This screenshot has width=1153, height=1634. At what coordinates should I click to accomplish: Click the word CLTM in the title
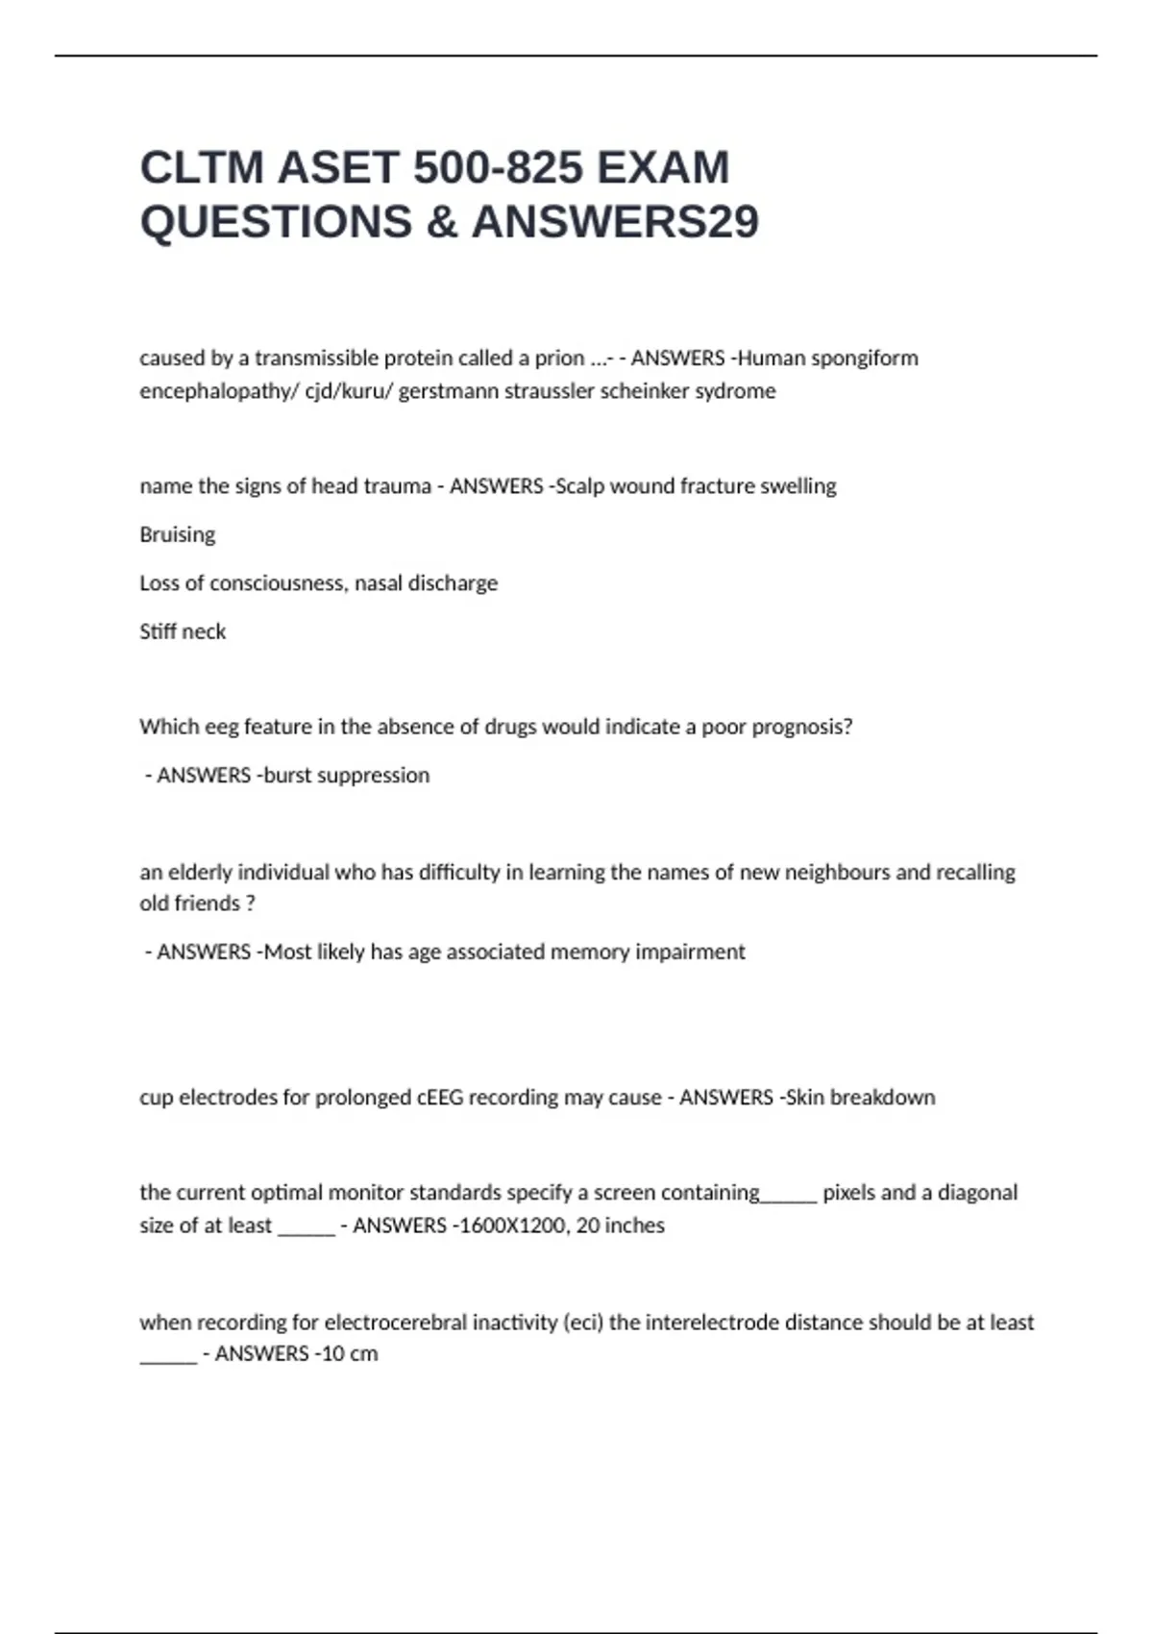(201, 167)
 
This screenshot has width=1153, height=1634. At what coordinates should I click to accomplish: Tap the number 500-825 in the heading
(498, 167)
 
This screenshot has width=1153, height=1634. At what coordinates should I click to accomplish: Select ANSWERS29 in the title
(615, 222)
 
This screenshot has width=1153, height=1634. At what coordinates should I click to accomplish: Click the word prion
(559, 359)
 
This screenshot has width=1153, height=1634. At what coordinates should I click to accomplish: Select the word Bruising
(177, 534)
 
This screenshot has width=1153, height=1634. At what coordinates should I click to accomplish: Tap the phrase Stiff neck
(183, 631)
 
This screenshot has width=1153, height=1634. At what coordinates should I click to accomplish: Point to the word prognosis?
(801, 727)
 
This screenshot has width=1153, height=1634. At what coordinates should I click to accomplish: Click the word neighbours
(837, 873)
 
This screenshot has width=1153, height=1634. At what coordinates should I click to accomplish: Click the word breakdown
(882, 1098)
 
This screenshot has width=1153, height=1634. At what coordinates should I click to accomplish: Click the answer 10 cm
(349, 1354)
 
